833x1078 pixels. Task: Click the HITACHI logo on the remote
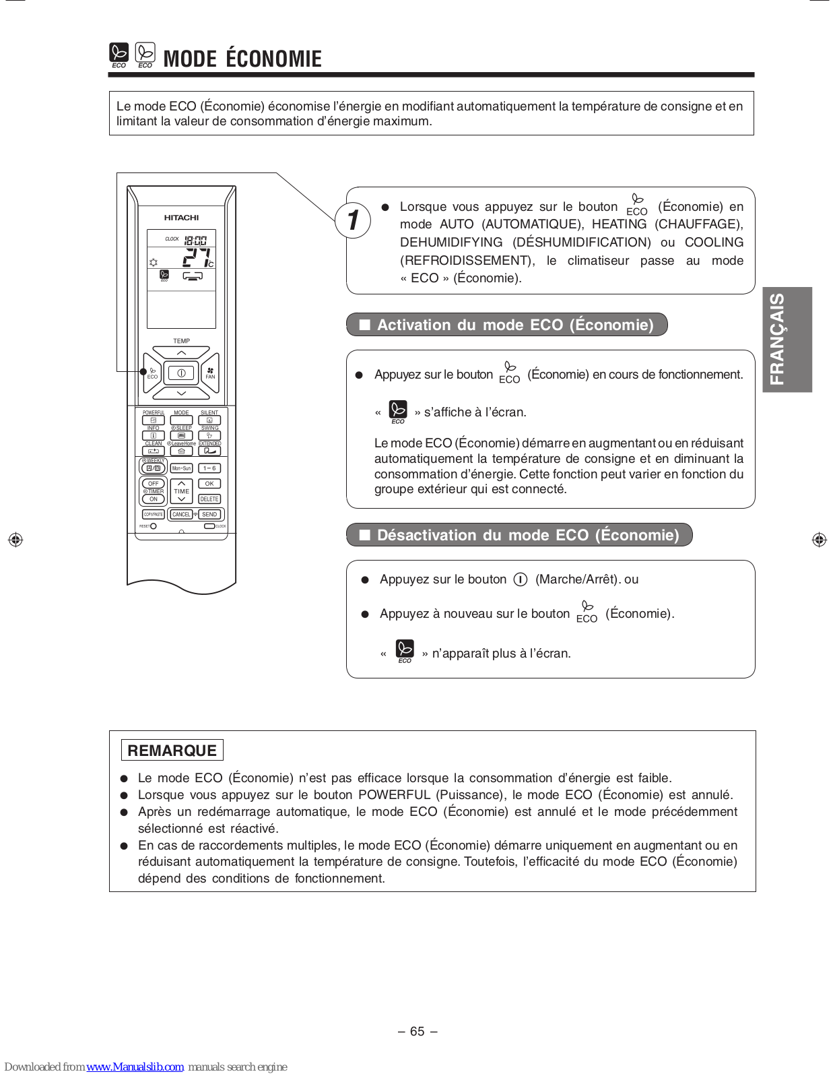point(181,218)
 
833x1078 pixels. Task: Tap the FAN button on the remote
point(210,373)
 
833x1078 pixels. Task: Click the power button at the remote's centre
point(181,373)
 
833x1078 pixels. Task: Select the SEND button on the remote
point(209,514)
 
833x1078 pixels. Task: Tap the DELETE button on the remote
point(209,499)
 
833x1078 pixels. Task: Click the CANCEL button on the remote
point(181,514)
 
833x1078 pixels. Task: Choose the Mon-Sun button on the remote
point(181,468)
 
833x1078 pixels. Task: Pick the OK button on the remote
point(209,484)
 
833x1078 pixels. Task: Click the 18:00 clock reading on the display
point(196,240)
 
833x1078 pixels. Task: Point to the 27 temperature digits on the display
point(196,257)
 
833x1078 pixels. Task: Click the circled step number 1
point(353,220)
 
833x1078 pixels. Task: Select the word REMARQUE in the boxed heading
point(172,751)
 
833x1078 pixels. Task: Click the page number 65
point(418,1031)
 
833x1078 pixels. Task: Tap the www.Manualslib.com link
point(135,1067)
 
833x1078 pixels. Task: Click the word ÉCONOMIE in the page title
point(273,59)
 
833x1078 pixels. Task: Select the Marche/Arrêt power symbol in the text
point(520,579)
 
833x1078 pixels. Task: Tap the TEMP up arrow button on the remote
point(181,352)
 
